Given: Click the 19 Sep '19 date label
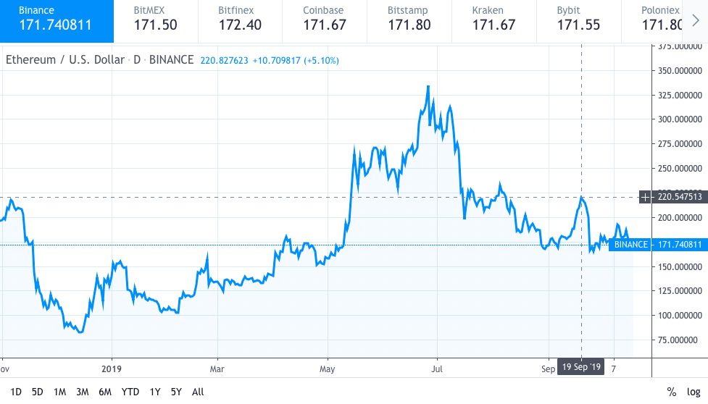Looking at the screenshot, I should tap(581, 368).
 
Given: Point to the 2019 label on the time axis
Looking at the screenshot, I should tap(112, 368).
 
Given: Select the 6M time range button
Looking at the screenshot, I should tap(105, 392).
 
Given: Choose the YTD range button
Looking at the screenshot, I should tap(130, 392).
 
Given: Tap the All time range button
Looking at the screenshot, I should tap(197, 392).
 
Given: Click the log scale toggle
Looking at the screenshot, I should tap(694, 392).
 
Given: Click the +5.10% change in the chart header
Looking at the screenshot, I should tap(322, 60).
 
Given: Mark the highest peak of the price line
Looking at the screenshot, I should tap(428, 86).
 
